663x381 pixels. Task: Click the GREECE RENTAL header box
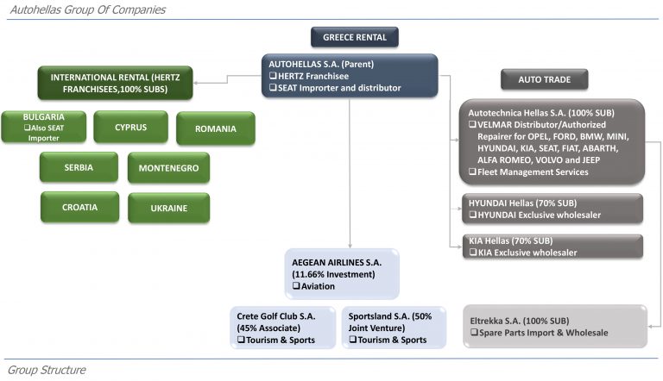354,37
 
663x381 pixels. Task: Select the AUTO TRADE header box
544,79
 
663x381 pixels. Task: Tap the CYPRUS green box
130,127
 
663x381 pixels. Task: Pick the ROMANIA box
216,128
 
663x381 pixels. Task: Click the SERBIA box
79,167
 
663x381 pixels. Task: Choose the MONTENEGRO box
168,168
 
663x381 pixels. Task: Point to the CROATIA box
80,207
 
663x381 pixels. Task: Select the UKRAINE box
168,208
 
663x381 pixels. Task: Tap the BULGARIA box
43,127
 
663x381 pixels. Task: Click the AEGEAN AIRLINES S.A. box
342,274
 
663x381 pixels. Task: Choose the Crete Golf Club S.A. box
283,328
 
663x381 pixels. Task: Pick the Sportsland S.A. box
394,328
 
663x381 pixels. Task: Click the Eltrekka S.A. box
555,327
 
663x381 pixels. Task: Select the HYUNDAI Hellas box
552,209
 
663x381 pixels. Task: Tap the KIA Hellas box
552,247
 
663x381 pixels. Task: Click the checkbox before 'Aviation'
296,286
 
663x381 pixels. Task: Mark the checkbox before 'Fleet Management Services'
472,172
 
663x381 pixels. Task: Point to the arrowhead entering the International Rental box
196,83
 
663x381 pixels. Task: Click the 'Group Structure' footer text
47,370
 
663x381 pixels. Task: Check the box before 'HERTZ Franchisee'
273,76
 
